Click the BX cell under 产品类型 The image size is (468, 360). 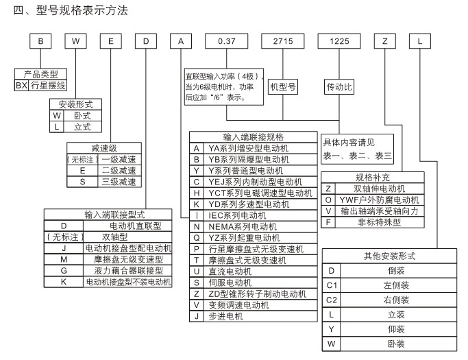pos(21,86)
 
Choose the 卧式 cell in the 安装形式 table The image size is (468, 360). pos(78,117)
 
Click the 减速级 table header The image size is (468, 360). pos(101,149)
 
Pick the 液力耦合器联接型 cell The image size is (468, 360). pos(127,270)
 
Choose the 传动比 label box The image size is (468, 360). pos(339,88)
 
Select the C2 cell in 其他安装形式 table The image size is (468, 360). pos(332,299)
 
